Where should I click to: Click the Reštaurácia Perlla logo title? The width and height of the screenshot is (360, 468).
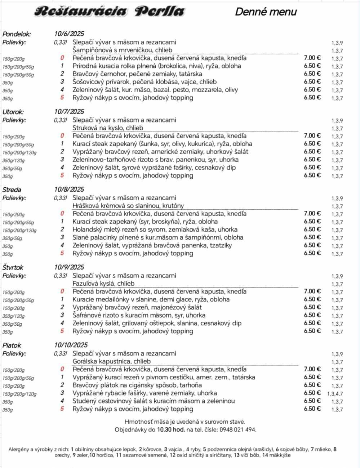click(x=109, y=12)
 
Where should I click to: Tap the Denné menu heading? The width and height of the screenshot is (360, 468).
click(x=266, y=12)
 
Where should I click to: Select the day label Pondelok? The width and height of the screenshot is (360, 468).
click(x=17, y=34)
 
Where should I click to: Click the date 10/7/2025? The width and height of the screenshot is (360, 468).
click(x=69, y=112)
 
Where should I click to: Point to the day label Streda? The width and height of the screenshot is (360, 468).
click(x=12, y=190)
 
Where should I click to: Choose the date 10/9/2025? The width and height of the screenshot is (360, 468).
click(x=69, y=267)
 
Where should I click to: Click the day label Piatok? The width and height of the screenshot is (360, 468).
click(x=12, y=345)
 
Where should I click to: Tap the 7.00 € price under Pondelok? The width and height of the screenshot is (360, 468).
click(x=312, y=58)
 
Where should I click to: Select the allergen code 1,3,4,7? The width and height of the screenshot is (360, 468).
click(x=335, y=394)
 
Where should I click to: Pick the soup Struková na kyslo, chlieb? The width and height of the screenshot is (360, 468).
click(x=108, y=128)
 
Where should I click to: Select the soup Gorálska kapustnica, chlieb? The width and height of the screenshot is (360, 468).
click(x=112, y=361)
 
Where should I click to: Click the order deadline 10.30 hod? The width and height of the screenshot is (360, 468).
click(x=171, y=429)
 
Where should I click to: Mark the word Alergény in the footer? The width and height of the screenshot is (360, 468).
click(x=18, y=449)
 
